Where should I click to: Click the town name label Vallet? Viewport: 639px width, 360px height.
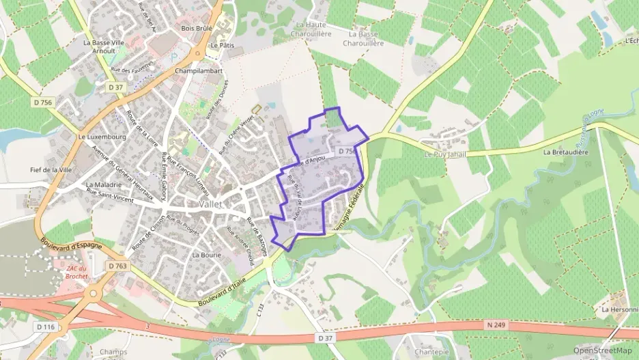click(215, 204)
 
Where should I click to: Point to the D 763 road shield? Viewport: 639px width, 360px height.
click(117, 265)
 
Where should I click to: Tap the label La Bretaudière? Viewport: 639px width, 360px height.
click(566, 152)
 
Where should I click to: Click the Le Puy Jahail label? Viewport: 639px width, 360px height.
click(444, 154)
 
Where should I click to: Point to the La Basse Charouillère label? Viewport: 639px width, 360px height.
click(366, 38)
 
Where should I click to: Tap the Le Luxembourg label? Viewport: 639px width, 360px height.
click(99, 137)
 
